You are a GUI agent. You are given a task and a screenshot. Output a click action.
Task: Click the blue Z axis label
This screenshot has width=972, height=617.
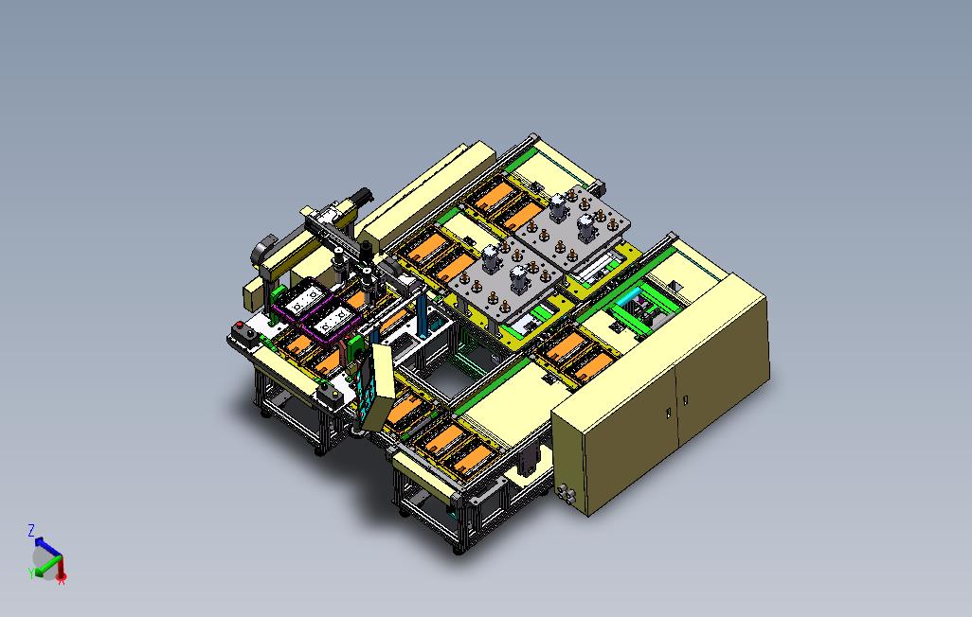(31, 530)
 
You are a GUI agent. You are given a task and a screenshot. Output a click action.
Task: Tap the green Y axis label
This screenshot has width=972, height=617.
(30, 573)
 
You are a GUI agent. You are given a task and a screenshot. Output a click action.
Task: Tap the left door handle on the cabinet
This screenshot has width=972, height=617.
(669, 412)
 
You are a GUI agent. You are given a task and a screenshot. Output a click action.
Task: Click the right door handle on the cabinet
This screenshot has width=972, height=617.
(686, 400)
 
